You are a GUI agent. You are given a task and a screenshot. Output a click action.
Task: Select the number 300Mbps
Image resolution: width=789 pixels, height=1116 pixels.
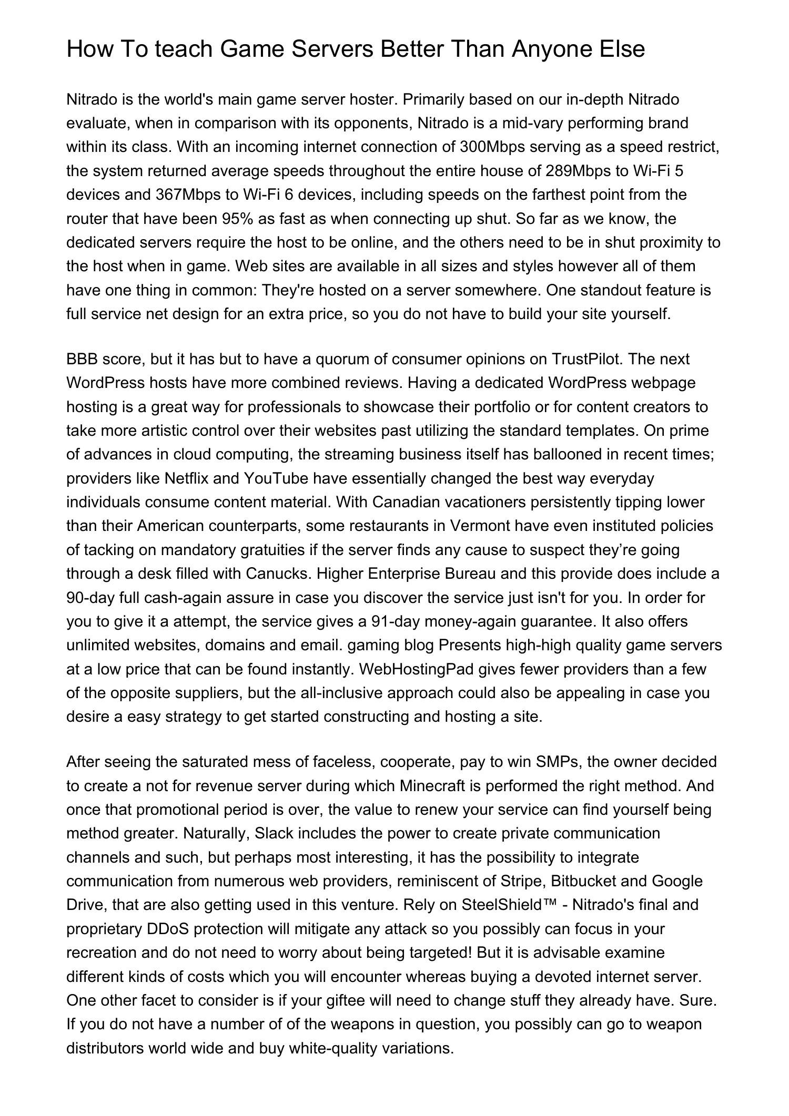pos(492,147)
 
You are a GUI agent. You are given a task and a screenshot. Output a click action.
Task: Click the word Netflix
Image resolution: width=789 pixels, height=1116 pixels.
pos(186,478)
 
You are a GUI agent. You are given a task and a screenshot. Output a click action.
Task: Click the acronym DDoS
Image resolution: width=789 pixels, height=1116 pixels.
pos(168,929)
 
